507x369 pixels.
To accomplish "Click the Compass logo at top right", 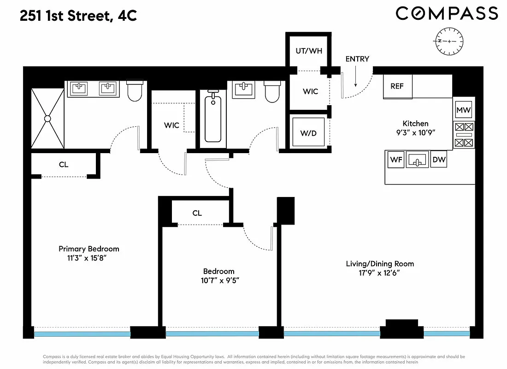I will pyautogui.click(x=447, y=13).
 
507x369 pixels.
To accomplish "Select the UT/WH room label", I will pyautogui.click(x=309, y=51).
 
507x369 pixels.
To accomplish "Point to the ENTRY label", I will pyautogui.click(x=357, y=59).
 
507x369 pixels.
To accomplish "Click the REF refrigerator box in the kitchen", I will pyautogui.click(x=397, y=86).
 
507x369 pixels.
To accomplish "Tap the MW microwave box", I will pyautogui.click(x=463, y=111).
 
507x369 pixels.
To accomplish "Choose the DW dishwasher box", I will pyautogui.click(x=438, y=160).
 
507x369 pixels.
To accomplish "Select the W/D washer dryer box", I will pyautogui.click(x=309, y=133).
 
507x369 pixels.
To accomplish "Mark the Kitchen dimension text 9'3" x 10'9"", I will pyautogui.click(x=415, y=132).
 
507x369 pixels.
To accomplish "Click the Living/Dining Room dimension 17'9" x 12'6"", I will pyautogui.click(x=380, y=273).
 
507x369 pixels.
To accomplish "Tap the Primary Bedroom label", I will pyautogui.click(x=89, y=249).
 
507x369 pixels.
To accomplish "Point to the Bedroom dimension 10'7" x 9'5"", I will pyautogui.click(x=219, y=280).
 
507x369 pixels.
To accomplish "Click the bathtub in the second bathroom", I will pyautogui.click(x=213, y=117).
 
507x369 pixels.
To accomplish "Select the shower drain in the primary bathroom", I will pyautogui.click(x=47, y=119).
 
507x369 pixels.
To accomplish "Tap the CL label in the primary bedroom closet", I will pyautogui.click(x=64, y=164).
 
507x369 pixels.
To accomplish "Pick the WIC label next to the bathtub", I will pyautogui.click(x=171, y=125).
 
